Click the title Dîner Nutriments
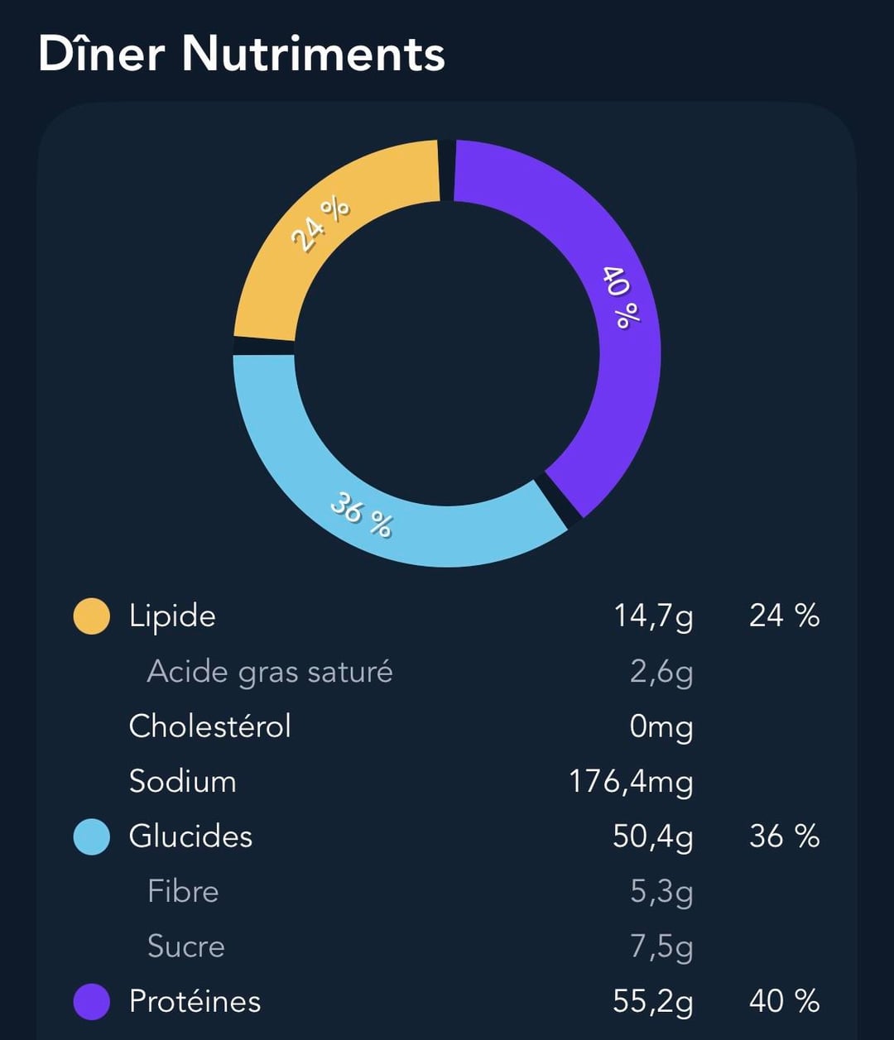242,55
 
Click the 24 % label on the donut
320,224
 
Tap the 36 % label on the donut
361,514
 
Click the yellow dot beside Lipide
92,616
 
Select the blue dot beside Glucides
92,836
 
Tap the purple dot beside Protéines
92,1002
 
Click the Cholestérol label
210,726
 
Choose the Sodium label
183,781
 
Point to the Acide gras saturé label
270,671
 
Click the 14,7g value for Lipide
653,616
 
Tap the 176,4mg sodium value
631,782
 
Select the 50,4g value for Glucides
653,836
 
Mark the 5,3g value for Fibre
661,892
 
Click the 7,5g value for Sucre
661,947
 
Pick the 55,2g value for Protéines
653,1002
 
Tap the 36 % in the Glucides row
784,836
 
